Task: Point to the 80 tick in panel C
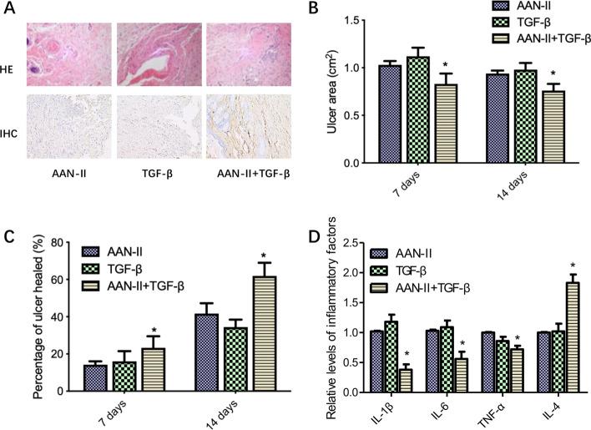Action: [60, 243]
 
